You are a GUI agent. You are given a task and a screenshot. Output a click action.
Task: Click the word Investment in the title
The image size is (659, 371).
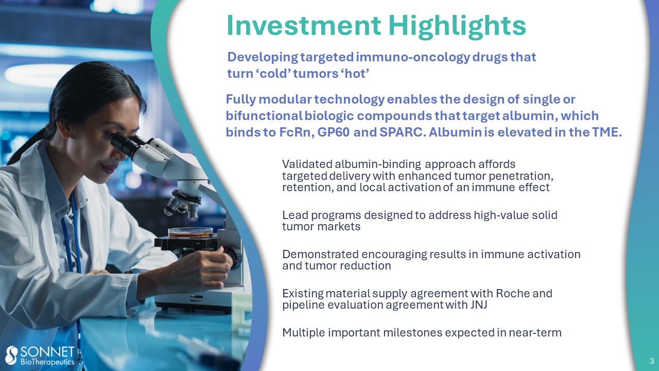tap(304, 25)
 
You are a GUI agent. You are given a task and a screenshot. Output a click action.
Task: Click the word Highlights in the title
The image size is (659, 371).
tap(457, 26)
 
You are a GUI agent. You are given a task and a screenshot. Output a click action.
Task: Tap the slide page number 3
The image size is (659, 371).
tap(652, 361)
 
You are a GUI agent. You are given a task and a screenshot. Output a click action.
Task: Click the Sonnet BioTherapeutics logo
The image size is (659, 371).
tap(40, 356)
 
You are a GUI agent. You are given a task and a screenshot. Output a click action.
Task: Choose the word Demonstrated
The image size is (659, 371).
tap(320, 254)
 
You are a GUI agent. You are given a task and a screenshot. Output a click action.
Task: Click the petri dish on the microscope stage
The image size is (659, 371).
tap(190, 232)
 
